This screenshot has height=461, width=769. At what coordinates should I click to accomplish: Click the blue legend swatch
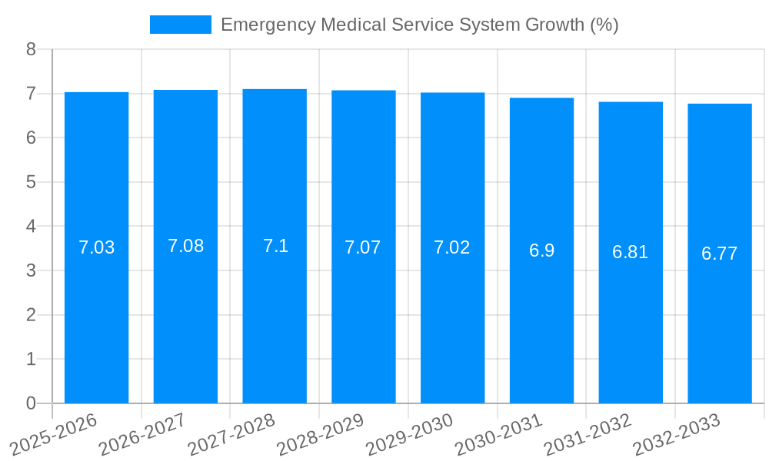point(180,25)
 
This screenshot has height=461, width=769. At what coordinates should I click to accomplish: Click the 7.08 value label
point(185,246)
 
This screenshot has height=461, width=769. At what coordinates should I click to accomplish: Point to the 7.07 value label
point(363,247)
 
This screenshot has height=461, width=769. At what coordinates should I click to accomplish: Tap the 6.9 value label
point(541,250)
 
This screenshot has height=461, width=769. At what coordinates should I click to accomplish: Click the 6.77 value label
point(719,254)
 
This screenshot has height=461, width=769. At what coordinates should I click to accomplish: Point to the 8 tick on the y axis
point(31,49)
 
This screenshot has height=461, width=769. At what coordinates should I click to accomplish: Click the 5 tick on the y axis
point(31,182)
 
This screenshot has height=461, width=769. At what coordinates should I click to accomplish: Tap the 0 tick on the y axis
point(31,403)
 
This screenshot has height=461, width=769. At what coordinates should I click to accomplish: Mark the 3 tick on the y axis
point(31,270)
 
